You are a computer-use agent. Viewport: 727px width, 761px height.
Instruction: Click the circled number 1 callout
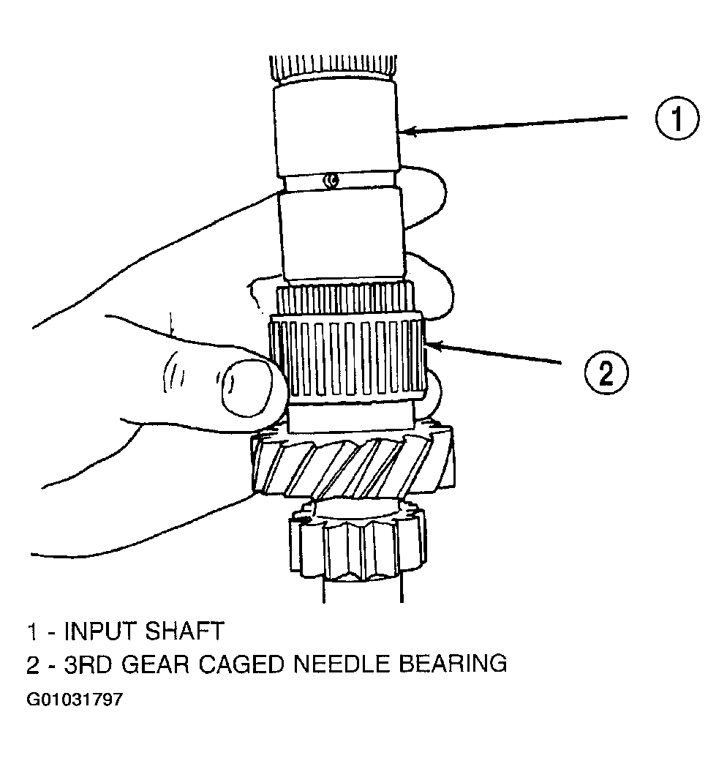[x=677, y=118]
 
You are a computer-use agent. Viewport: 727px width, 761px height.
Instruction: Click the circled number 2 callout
[x=606, y=372]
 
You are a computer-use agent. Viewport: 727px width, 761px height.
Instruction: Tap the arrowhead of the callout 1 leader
[x=408, y=130]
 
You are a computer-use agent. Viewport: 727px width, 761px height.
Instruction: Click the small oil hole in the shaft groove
[x=331, y=180]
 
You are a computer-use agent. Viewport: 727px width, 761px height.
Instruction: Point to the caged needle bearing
[x=347, y=357]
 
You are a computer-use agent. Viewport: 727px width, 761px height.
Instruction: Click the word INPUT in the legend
[x=101, y=631]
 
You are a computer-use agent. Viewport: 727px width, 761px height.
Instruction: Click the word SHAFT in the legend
[x=184, y=631]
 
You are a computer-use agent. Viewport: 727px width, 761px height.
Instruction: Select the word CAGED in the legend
[x=241, y=664]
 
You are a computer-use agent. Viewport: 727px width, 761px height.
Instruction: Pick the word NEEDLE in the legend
[x=342, y=664]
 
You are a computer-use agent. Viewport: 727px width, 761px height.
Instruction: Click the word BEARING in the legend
[x=453, y=664]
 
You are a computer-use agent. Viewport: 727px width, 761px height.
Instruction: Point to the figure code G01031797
[x=75, y=700]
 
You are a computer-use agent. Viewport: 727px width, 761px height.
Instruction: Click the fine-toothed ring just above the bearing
[x=345, y=298]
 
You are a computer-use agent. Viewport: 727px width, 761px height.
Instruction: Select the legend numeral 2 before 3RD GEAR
[x=32, y=664]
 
